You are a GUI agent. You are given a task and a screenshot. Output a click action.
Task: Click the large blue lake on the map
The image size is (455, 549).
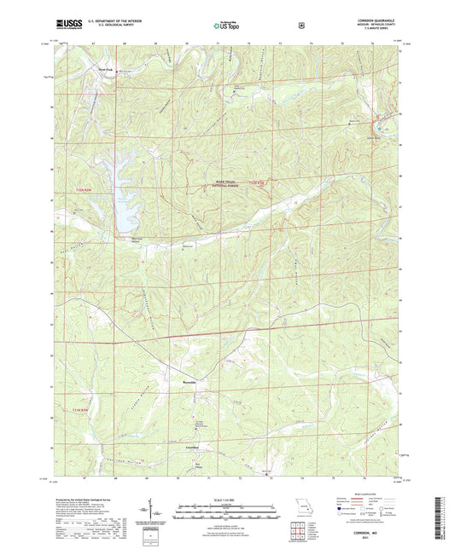[124, 203]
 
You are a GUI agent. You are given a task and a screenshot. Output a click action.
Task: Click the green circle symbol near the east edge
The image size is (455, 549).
[393, 113]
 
